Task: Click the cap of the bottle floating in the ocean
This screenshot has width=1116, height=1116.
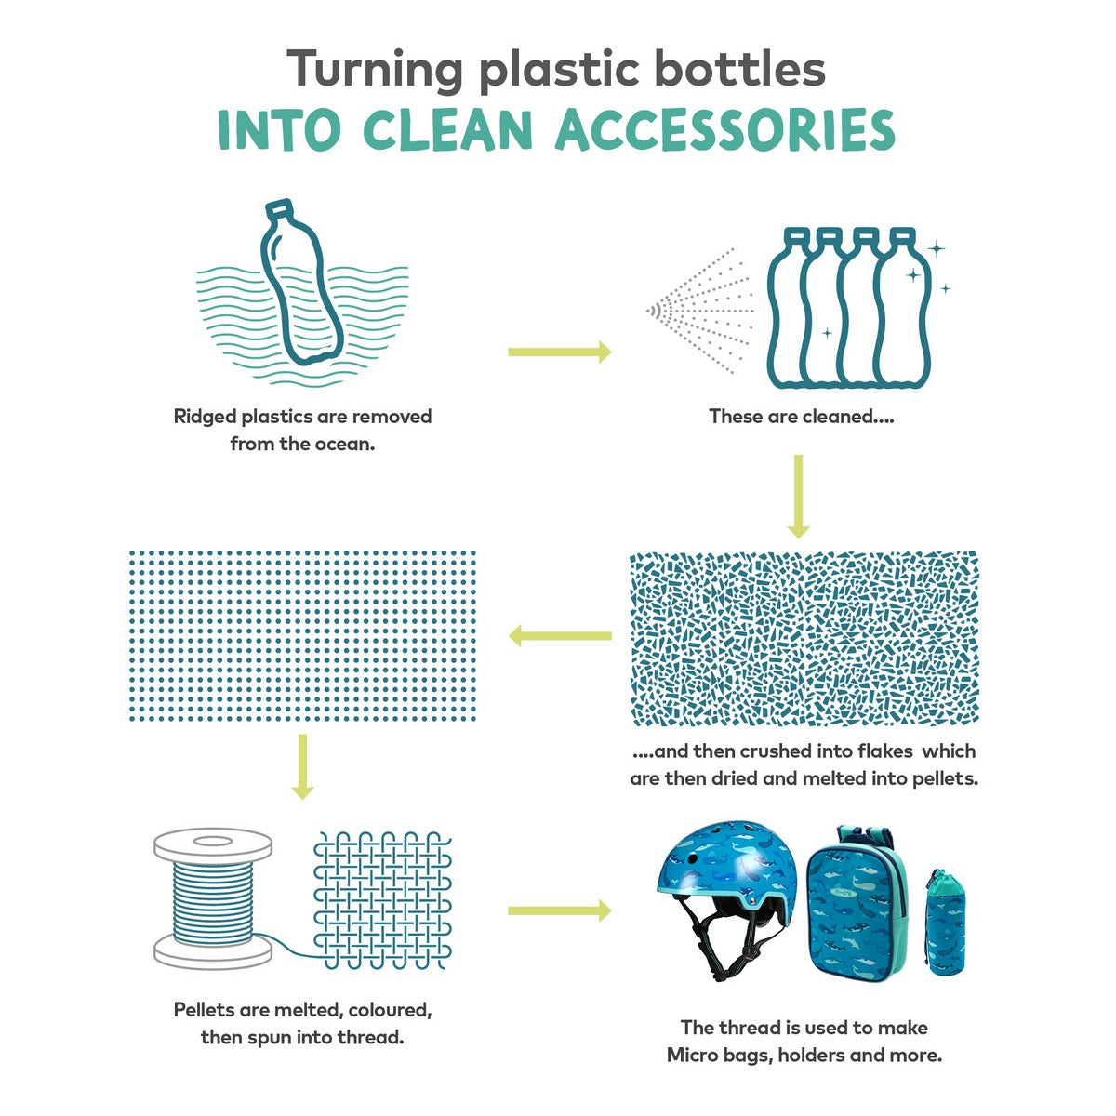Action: coord(279,207)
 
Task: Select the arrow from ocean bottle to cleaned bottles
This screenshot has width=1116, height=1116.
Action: coord(559,352)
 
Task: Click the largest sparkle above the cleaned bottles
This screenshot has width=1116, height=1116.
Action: coord(936,249)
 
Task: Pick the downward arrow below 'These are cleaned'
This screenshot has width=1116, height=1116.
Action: coord(798,497)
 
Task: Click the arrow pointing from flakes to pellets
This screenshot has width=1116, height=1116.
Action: coord(560,635)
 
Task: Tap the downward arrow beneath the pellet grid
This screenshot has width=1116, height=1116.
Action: coord(301,766)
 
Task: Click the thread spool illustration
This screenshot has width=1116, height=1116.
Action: coord(213,898)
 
